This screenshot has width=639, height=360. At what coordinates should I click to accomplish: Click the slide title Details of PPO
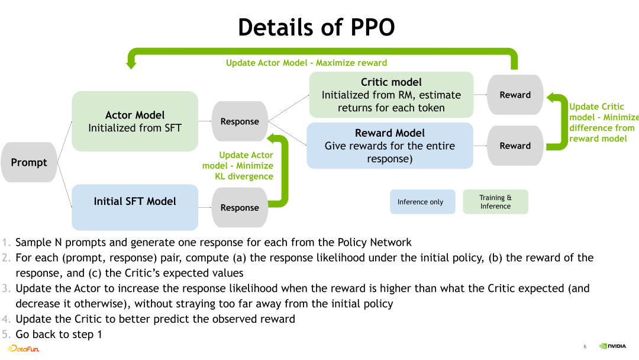(x=316, y=27)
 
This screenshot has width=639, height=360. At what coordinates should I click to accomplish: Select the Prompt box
(x=29, y=162)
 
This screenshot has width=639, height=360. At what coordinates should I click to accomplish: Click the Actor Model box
(x=135, y=121)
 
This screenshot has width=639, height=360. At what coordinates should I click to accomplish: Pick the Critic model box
(x=391, y=95)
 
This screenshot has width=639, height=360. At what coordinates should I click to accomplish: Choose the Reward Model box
(x=390, y=146)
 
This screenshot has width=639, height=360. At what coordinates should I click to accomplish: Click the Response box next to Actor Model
(x=240, y=121)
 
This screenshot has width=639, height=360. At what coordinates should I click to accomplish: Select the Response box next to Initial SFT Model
(x=240, y=207)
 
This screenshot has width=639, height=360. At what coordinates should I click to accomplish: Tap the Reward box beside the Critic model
(x=515, y=95)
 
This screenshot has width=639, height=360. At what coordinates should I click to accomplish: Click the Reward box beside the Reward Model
(x=515, y=146)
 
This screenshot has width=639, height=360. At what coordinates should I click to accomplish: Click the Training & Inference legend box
(x=495, y=202)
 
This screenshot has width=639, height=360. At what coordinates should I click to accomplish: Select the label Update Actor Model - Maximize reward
(x=306, y=63)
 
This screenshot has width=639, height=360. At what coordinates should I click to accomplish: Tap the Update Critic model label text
(x=602, y=123)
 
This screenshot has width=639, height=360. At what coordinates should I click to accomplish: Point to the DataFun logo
(x=24, y=349)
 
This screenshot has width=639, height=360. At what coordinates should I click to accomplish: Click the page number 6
(x=585, y=346)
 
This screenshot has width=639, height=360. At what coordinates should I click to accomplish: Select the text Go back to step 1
(x=59, y=335)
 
